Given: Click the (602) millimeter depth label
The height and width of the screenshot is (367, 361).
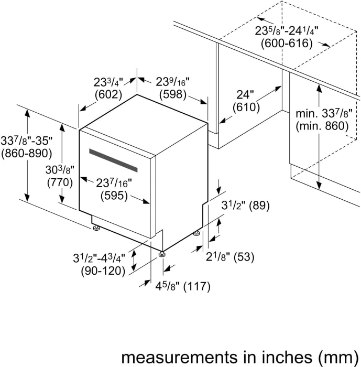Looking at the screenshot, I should (108, 95).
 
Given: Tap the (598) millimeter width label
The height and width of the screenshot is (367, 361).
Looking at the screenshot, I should (173, 95).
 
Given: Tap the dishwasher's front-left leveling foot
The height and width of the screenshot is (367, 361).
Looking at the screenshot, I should (96, 228).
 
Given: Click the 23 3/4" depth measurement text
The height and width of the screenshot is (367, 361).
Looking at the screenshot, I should (108, 82).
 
